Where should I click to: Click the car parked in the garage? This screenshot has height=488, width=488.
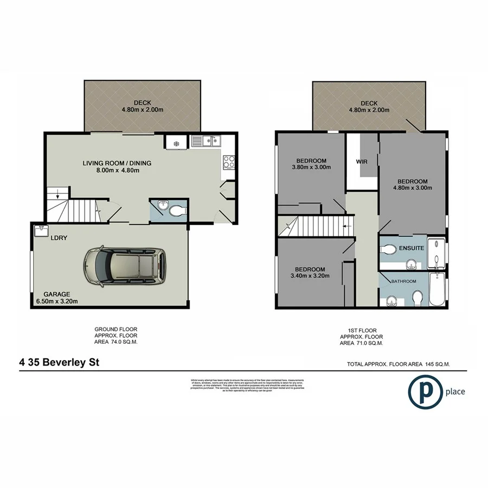(124, 267)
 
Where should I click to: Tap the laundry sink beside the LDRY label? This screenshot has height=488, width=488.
(41, 231)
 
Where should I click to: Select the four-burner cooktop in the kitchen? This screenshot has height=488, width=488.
(229, 161)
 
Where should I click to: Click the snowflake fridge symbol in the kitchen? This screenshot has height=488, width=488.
(176, 143)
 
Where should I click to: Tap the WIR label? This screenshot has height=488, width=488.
(362, 162)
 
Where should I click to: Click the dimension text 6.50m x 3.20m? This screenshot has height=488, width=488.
(54, 301)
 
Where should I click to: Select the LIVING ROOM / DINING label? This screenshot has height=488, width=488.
(117, 163)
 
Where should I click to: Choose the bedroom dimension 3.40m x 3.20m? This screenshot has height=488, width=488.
(310, 277)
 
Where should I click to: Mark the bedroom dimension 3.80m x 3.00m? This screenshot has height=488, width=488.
(311, 168)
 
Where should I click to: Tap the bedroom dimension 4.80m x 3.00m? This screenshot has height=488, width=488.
(412, 188)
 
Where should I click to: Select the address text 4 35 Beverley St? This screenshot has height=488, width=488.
(59, 362)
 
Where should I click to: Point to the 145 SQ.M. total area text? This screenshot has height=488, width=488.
(445, 364)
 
